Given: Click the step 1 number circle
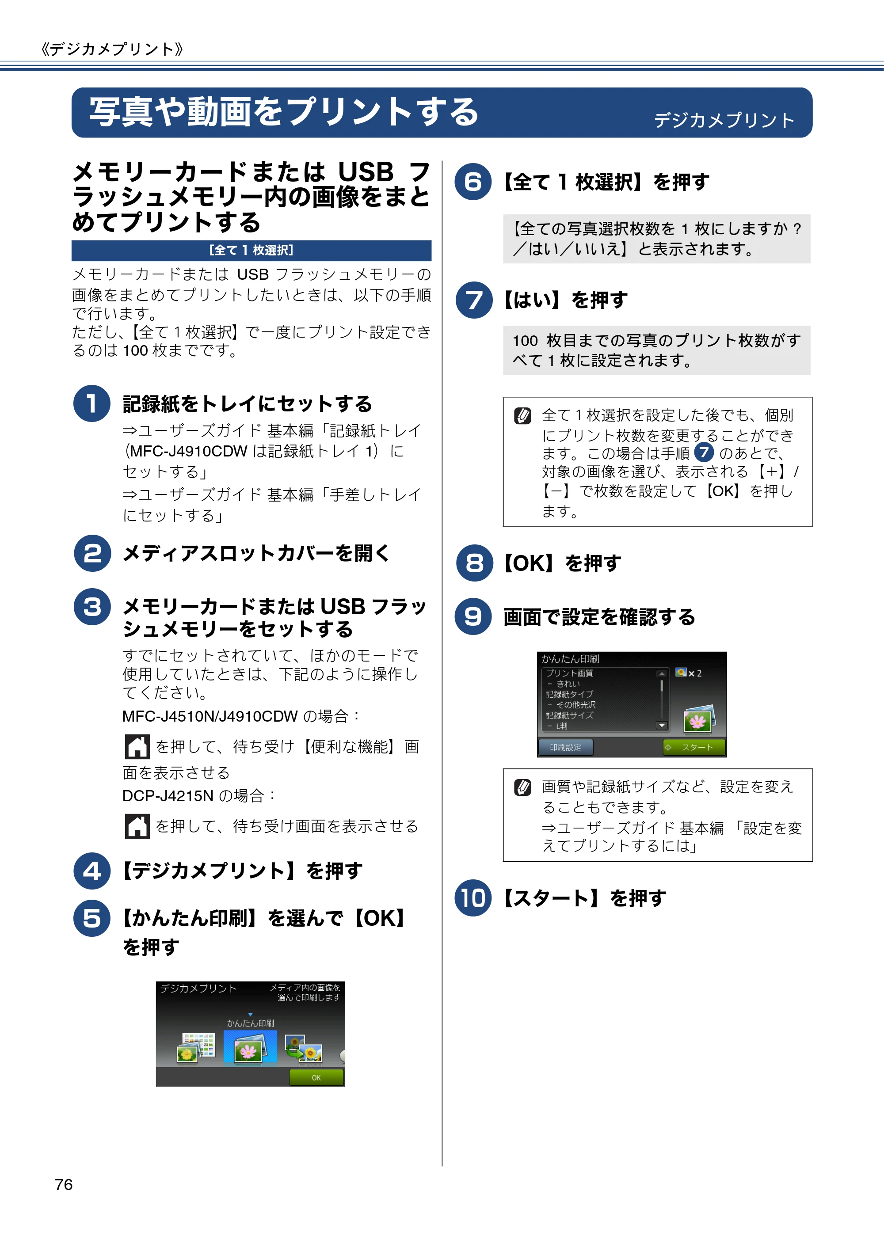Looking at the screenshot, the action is click(91, 403).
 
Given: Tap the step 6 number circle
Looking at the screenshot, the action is click(473, 182).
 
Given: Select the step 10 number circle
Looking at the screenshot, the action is click(473, 897).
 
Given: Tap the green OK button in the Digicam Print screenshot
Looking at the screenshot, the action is click(316, 1077).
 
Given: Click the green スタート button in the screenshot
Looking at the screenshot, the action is click(694, 747).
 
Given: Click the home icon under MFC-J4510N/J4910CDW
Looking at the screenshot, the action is click(137, 746).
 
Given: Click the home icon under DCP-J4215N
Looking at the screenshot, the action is click(137, 826).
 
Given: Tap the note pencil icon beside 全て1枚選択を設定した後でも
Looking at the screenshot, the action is click(522, 416).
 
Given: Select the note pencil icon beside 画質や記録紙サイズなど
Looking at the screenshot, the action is click(522, 787).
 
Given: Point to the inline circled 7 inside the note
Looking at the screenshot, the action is click(704, 452).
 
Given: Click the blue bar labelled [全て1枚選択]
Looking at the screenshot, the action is click(251, 250).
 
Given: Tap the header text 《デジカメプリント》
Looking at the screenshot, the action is click(112, 49).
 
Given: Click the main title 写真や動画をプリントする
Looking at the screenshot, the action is click(283, 112).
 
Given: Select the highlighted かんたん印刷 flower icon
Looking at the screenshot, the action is click(250, 1046).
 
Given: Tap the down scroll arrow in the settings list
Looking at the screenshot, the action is click(662, 725).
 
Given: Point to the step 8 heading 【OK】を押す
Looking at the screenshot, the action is click(561, 563).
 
